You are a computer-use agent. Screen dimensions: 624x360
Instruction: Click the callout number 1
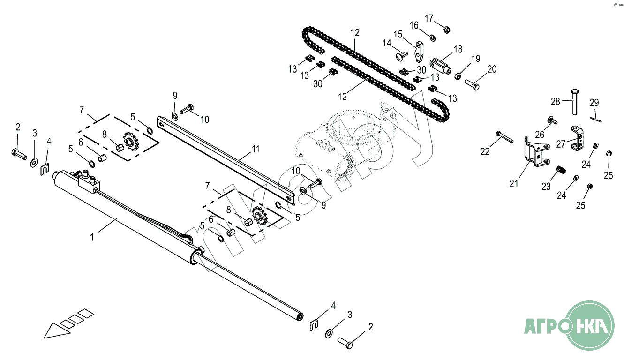92,237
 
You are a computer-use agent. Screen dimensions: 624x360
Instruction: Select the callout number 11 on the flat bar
255,149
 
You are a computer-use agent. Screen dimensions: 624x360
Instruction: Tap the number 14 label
387,43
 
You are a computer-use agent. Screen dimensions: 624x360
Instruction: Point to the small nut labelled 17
446,30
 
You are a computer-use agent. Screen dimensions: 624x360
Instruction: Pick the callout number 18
458,49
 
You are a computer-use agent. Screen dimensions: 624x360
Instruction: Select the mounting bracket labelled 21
535,151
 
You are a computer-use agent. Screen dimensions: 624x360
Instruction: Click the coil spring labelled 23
559,171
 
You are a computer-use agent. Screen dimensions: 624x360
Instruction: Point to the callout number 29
594,103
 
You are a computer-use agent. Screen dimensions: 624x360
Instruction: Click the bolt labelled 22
502,138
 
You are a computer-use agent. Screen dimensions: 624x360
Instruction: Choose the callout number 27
561,144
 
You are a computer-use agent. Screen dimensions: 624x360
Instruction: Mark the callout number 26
540,134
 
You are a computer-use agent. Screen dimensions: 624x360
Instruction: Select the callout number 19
476,59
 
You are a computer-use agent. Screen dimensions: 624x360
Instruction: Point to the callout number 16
414,25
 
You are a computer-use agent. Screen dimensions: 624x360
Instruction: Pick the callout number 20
491,69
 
